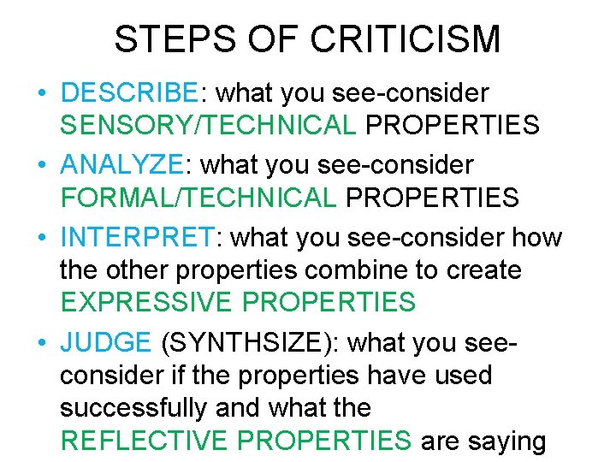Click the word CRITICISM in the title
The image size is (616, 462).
point(406,39)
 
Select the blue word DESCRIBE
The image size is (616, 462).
point(129,92)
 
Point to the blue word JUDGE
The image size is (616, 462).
point(105,342)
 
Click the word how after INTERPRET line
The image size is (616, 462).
point(536,235)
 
